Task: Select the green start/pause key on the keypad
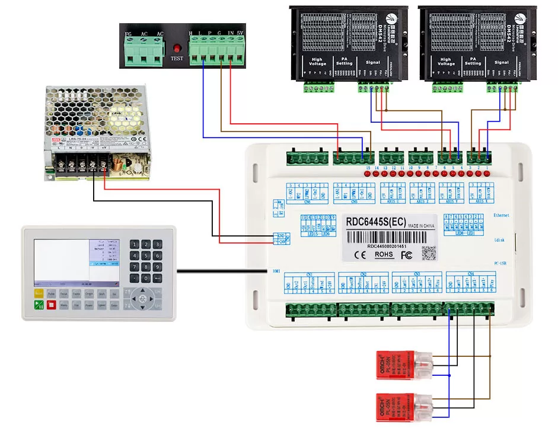[39, 305]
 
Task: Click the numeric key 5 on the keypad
[145, 255]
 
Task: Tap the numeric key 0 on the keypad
[145, 278]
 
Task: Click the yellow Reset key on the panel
[39, 293]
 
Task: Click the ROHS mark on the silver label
[384, 254]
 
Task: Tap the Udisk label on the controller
[499, 240]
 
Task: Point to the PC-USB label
[499, 263]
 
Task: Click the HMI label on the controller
[276, 271]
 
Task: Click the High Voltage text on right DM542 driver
[445, 61]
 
